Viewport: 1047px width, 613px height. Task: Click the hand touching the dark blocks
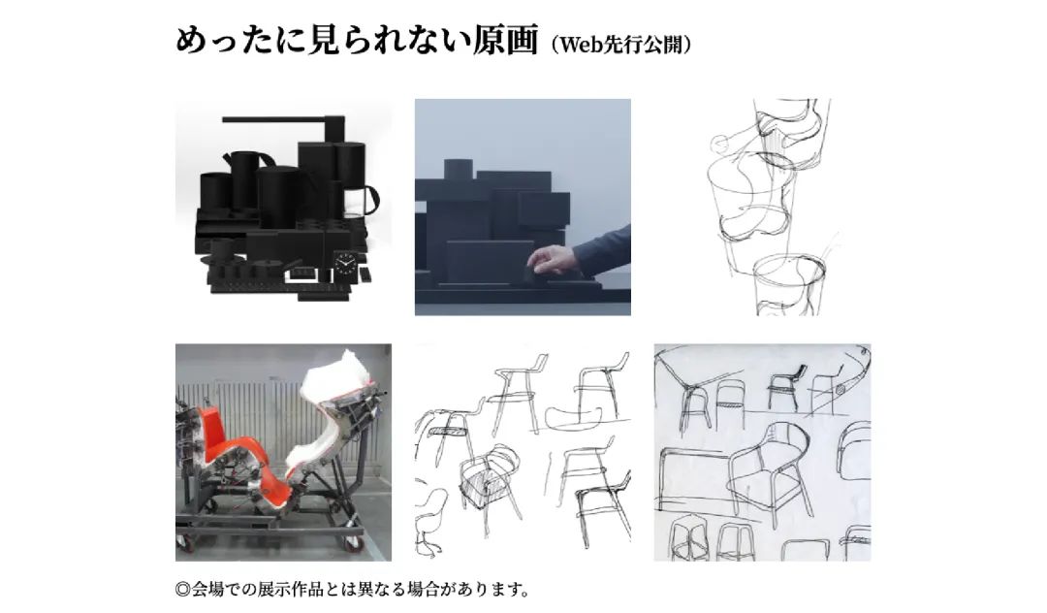tap(552, 260)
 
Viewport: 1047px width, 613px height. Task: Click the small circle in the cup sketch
tap(719, 143)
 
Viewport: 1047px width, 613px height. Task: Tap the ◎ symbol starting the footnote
tap(183, 589)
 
